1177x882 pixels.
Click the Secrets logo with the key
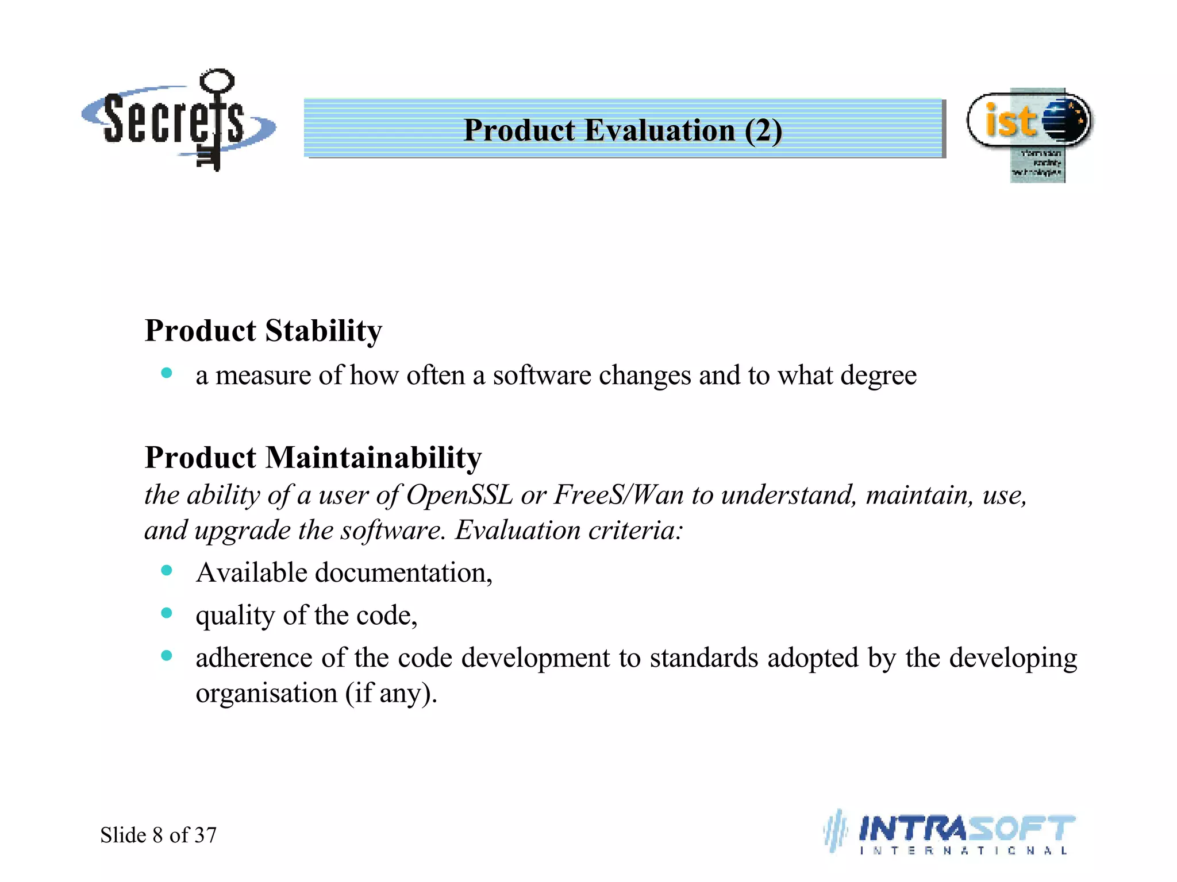(x=178, y=121)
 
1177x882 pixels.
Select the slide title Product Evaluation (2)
(x=623, y=130)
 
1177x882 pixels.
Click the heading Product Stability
(x=263, y=331)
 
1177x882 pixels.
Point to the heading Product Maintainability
(x=313, y=458)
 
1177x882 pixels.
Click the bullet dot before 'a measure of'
(x=167, y=373)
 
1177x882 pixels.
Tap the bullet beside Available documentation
(x=167, y=570)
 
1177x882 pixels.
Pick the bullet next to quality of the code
(x=167, y=613)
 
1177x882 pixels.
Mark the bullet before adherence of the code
(x=167, y=656)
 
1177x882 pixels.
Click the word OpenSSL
(x=459, y=495)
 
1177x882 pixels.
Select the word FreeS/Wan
(x=618, y=495)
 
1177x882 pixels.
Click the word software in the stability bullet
(x=541, y=376)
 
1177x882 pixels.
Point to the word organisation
(x=266, y=694)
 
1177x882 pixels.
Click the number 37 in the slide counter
(x=205, y=835)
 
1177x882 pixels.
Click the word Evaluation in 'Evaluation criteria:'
(x=516, y=530)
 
